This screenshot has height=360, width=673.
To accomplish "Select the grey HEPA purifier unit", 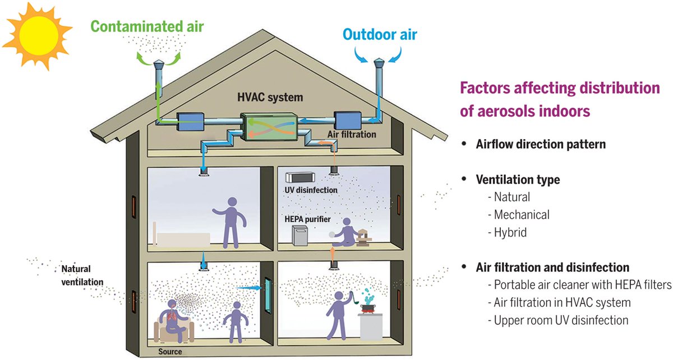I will pos(302,236).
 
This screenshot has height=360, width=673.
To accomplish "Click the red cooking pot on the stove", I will pos(368,307).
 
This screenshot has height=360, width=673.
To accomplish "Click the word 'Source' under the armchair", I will pos(170,352).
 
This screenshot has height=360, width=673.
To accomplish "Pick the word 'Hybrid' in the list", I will pos(510,232).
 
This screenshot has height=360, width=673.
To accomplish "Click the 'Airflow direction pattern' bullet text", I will pos(541,144).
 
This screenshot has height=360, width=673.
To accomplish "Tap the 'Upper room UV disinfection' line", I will pos(561,320).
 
